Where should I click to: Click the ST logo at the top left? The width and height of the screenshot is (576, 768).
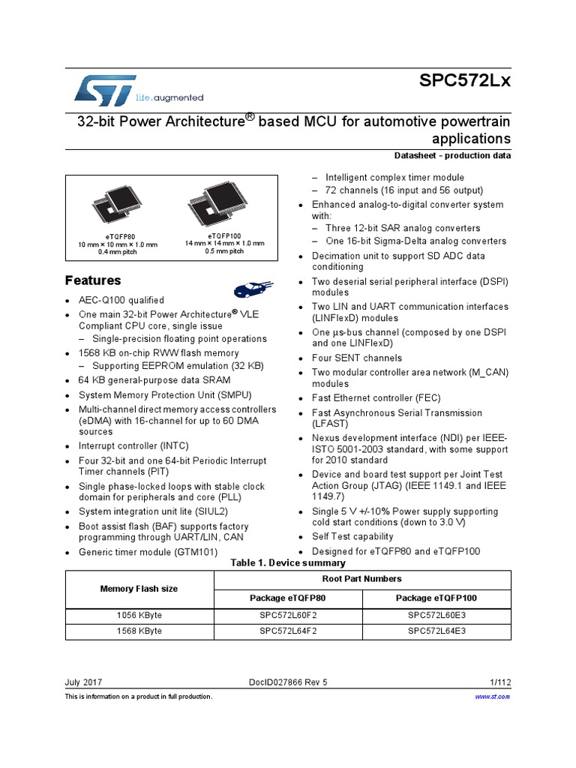(x=105, y=89)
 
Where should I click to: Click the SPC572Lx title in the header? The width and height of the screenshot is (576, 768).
(x=465, y=81)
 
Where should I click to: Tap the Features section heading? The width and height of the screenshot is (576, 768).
(x=93, y=280)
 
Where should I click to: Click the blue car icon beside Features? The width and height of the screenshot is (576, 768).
(x=250, y=289)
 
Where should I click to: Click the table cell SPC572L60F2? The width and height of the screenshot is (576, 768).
(x=289, y=615)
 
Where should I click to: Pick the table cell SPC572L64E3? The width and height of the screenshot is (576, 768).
(x=436, y=631)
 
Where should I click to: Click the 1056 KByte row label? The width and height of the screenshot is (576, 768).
(x=139, y=615)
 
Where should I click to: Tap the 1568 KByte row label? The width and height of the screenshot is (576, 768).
(x=139, y=631)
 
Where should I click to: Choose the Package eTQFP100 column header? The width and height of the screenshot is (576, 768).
(x=436, y=598)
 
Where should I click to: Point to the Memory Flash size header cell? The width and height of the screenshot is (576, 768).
(x=139, y=589)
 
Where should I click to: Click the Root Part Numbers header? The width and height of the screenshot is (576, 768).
(x=362, y=579)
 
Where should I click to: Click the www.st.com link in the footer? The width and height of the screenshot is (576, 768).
(x=493, y=697)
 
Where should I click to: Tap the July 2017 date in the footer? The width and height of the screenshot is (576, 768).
(x=84, y=682)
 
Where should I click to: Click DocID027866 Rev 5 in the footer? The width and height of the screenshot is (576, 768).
(x=288, y=682)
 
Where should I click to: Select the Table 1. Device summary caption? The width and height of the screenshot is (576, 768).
(x=288, y=562)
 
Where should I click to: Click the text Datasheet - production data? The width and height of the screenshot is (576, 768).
(x=452, y=156)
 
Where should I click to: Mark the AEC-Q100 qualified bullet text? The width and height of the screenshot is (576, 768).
(x=121, y=300)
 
